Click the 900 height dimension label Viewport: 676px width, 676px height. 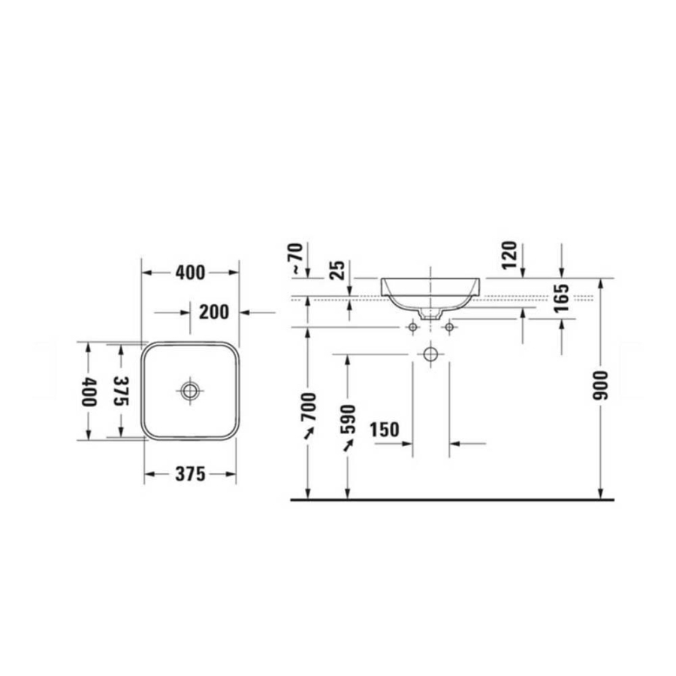(599, 385)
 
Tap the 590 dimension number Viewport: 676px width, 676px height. (348, 419)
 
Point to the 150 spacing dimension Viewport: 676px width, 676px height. (385, 430)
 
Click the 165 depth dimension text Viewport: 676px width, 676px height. (561, 298)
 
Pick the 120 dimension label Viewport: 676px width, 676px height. (509, 255)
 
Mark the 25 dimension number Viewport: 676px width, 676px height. (337, 270)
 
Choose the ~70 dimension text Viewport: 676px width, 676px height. (297, 258)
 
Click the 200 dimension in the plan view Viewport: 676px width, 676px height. (214, 312)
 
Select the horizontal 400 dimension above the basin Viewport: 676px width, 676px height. (190, 273)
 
